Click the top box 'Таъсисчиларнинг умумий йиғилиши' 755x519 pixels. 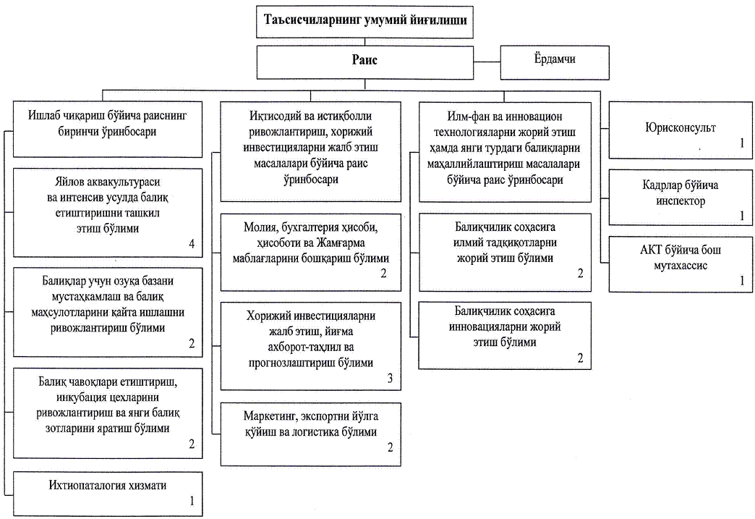364,22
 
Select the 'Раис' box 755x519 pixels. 364,62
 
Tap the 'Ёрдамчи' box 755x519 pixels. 555,62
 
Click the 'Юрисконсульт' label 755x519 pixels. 681,127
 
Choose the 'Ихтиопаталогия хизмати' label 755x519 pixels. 107,485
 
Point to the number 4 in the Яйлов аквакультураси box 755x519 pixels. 192,244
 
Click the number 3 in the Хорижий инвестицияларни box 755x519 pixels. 390,379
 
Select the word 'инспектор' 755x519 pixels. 681,201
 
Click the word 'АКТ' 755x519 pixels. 651,250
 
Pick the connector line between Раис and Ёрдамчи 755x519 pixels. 487,62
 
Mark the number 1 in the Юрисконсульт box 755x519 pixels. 742,143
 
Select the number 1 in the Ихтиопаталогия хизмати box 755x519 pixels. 192,501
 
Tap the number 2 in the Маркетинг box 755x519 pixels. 390,447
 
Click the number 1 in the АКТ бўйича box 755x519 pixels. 742,280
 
